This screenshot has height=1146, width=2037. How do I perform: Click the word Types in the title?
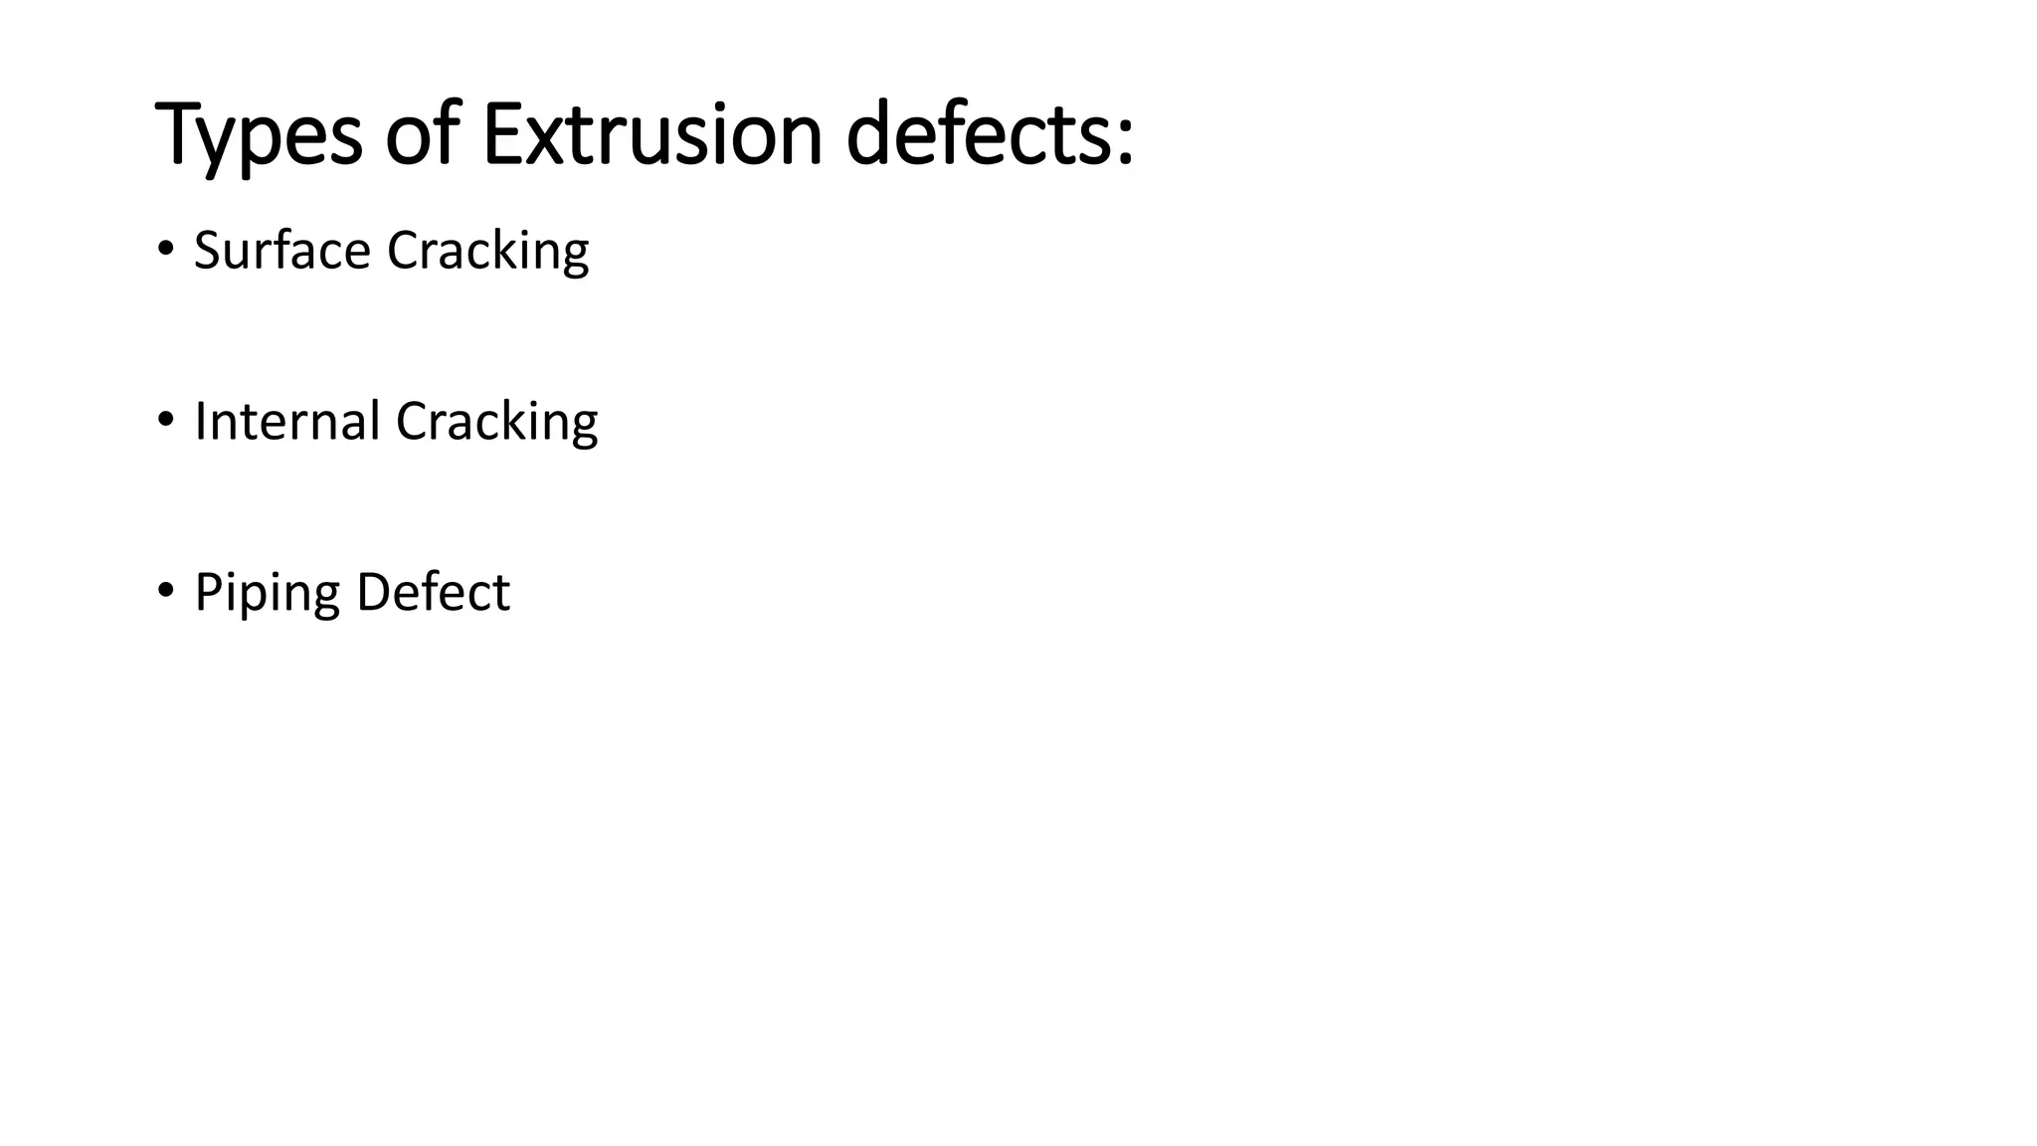[259, 135]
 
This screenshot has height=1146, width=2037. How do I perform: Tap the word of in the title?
[422, 133]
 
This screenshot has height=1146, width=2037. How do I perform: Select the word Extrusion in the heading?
[651, 133]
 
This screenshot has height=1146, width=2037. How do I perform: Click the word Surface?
[281, 250]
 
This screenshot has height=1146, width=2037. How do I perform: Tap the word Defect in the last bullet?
[433, 592]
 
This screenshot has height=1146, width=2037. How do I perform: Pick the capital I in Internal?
[200, 421]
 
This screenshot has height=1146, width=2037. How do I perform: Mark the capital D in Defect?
[373, 592]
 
